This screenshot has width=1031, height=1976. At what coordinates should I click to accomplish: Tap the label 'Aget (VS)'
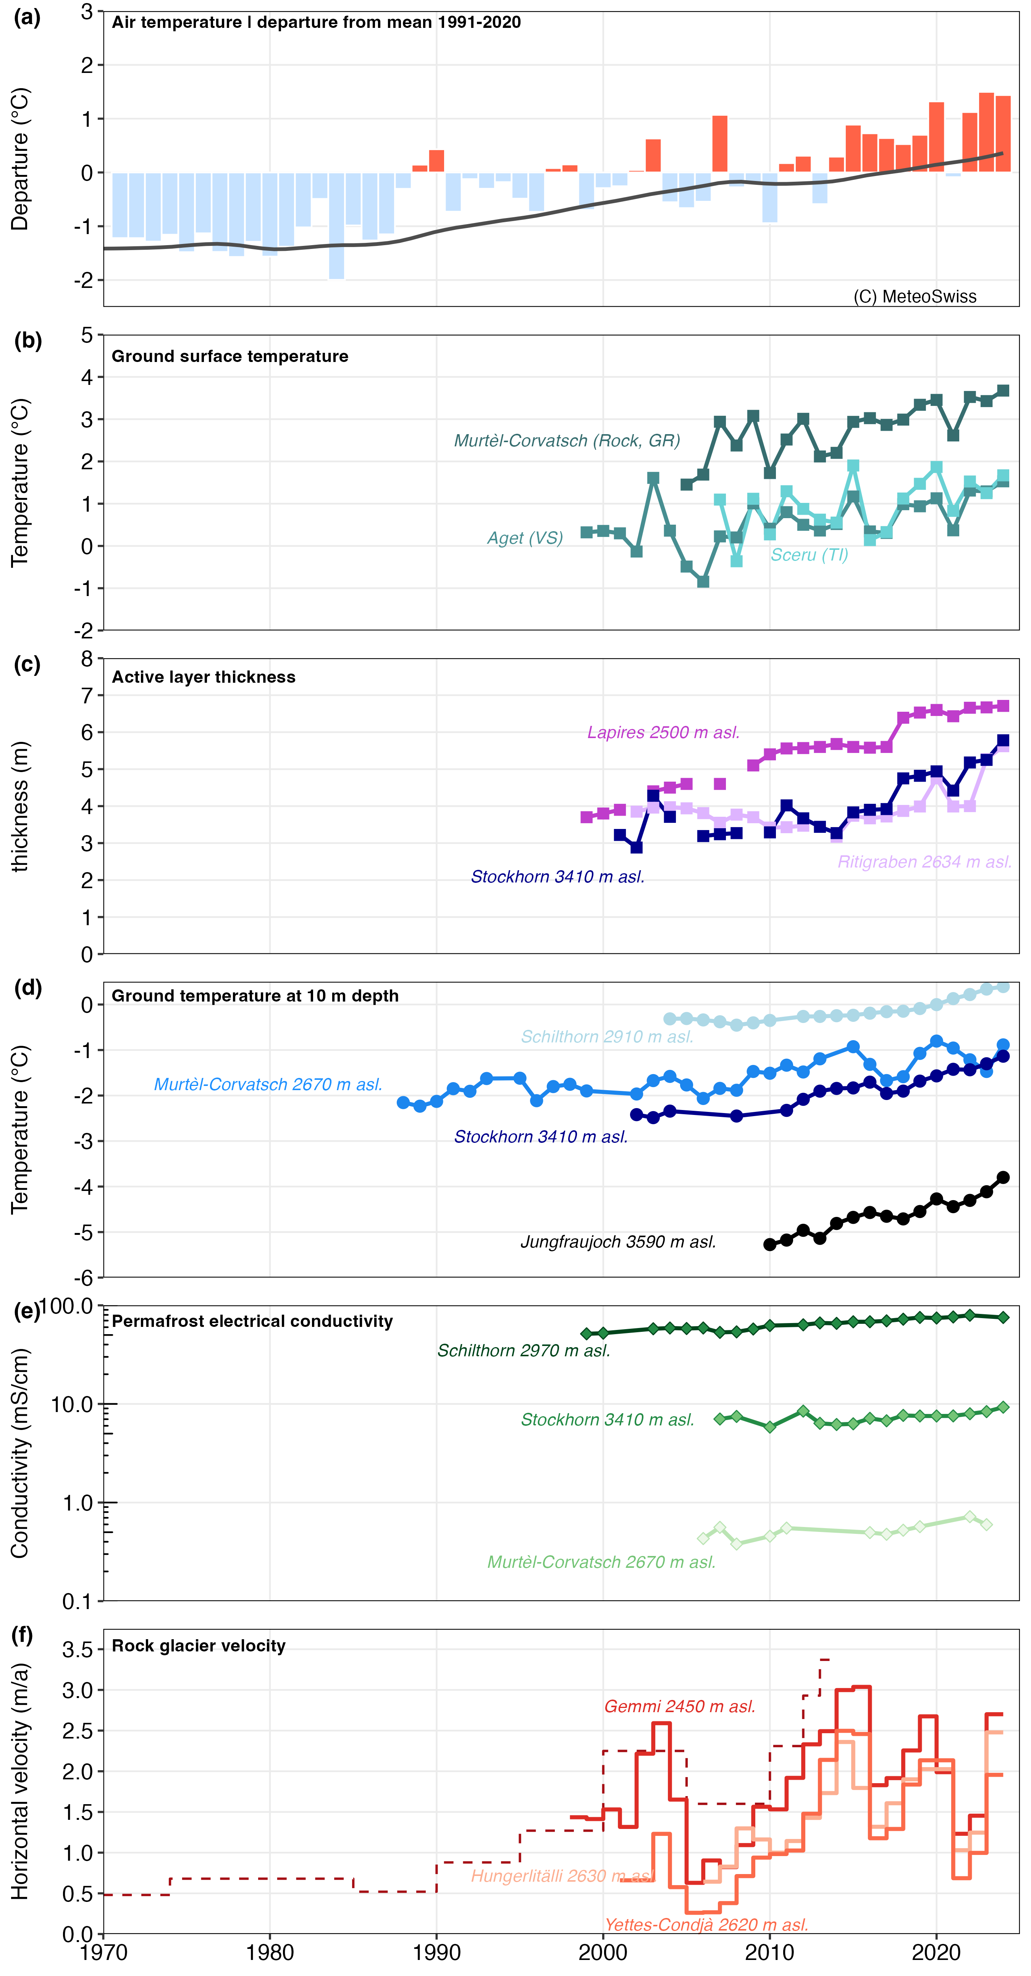525,538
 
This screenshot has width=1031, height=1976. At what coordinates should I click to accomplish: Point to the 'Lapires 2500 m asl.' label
663,733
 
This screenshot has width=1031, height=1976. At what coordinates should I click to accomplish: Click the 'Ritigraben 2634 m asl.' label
924,862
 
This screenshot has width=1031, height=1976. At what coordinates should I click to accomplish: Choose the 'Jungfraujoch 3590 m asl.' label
617,1242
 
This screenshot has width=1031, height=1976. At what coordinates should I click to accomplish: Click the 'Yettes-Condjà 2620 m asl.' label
706,1924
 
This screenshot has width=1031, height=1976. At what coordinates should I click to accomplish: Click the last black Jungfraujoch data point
1003,1178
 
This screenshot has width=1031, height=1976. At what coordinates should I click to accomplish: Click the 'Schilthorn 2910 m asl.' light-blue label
607,1037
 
